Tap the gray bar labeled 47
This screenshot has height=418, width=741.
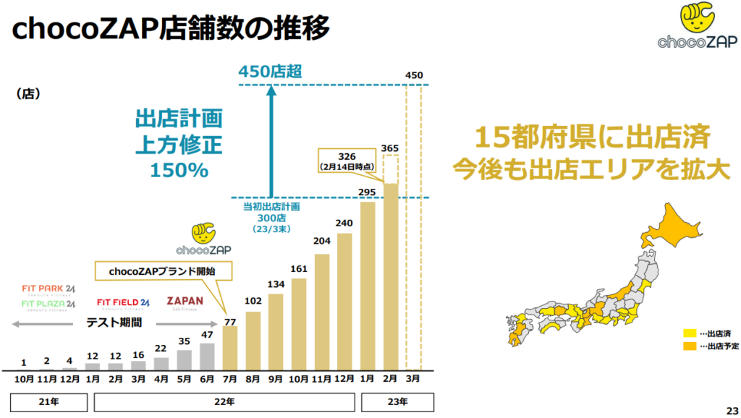pyautogui.click(x=207, y=356)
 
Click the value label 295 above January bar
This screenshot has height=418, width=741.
pyautogui.click(x=368, y=191)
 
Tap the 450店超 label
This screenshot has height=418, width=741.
pyautogui.click(x=269, y=71)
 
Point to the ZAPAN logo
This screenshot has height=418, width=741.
pyautogui.click(x=185, y=303)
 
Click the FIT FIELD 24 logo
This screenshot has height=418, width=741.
pyautogui.click(x=123, y=303)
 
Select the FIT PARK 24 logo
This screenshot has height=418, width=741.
pyautogui.click(x=48, y=289)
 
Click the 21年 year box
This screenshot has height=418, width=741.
pyautogui.click(x=45, y=401)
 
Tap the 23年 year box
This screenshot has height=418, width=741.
pyautogui.click(x=397, y=401)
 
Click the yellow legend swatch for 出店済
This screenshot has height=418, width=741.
pyautogui.click(x=689, y=333)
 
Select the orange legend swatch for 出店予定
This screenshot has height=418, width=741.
pyautogui.click(x=689, y=346)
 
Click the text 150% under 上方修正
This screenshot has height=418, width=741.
pyautogui.click(x=179, y=170)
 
